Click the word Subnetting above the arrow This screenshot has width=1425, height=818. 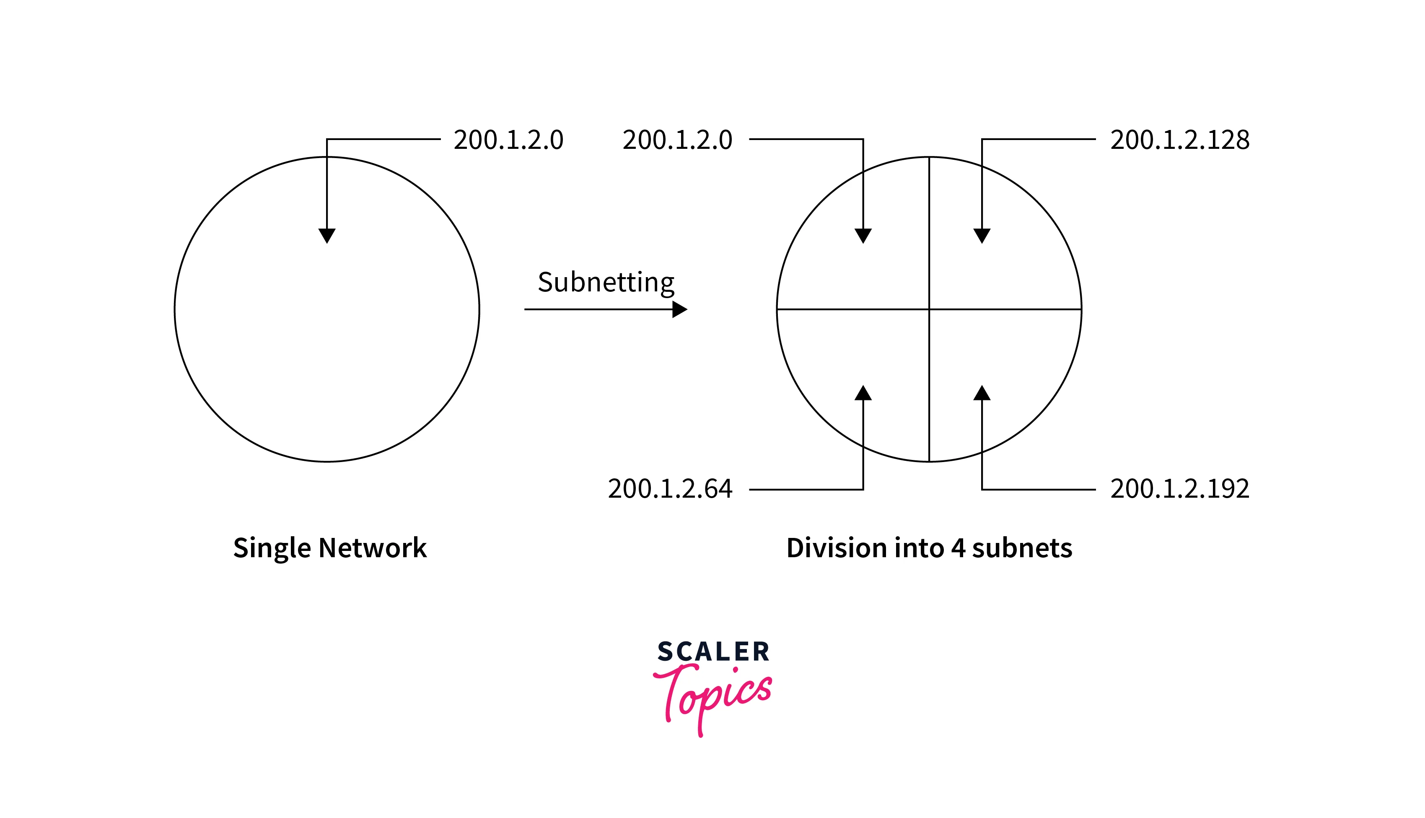pyautogui.click(x=606, y=283)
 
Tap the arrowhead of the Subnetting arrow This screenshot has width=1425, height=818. pyautogui.click(x=680, y=309)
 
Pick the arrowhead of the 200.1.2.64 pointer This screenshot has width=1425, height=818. pyautogui.click(x=863, y=393)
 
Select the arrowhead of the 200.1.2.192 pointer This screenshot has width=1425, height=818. pyautogui.click(x=982, y=393)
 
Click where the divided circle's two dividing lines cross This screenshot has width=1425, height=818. pyautogui.click(x=929, y=309)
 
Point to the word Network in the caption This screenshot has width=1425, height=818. pyautogui.click(x=373, y=548)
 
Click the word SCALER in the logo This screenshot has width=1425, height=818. pyautogui.click(x=713, y=652)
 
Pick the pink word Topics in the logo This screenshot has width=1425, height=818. pyautogui.click(x=712, y=699)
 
